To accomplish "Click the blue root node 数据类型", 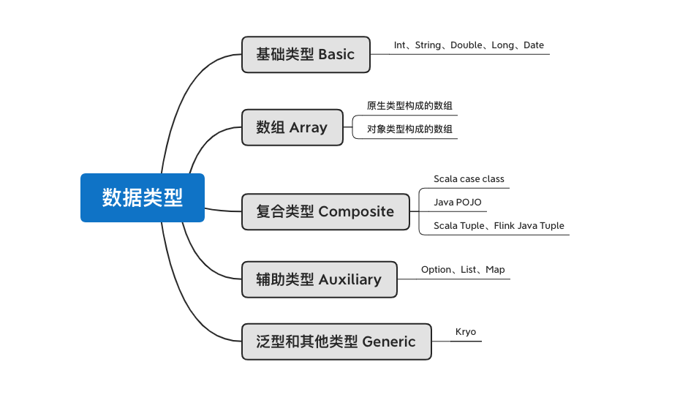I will coord(142,197).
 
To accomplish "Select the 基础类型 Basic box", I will coord(306,54).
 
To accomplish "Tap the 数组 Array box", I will coord(292,127).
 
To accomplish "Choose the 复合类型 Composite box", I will coord(325,212).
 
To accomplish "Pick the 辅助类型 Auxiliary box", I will coord(319,279).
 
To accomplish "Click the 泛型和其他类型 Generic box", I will coord(336,341).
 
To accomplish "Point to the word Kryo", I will coord(466,332).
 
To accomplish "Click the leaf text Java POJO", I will coord(458,203).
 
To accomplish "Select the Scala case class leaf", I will coord(469,179).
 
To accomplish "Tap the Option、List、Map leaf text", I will coord(463,270).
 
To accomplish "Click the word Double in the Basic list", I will coord(466,45).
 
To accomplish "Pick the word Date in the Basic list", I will coord(534,45).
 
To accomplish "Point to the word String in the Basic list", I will coord(428,45).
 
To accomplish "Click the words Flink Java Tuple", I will coord(529,226).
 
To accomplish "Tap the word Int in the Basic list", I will coord(399,45).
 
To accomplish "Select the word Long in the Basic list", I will coord(502,45).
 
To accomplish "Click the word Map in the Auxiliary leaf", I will coord(495,270).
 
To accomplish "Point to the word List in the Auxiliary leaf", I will coord(469,270).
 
